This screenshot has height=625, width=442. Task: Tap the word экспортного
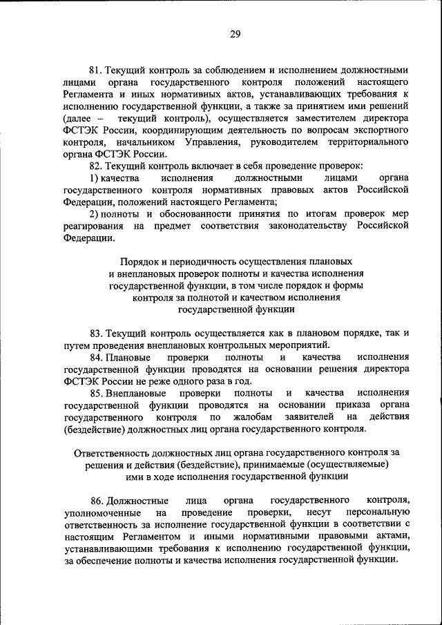tap(379, 130)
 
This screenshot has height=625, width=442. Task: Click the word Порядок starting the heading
tap(139, 262)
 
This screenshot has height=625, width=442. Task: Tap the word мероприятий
tap(294, 345)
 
